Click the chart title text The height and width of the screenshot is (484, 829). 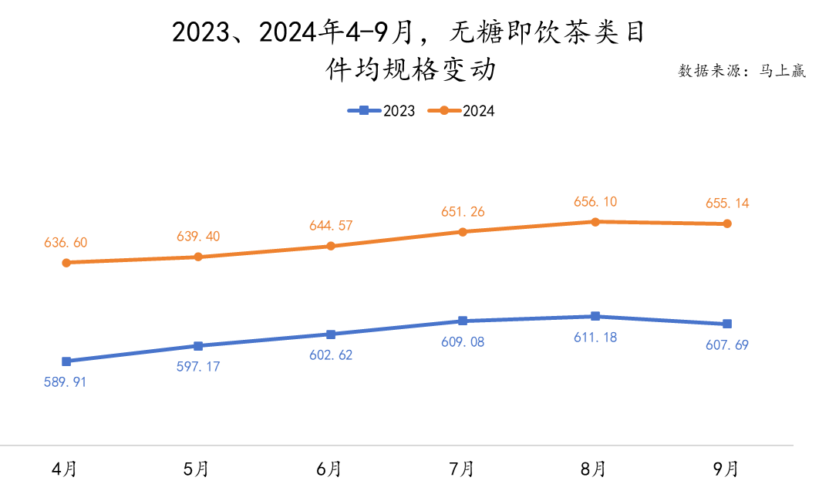click(x=409, y=51)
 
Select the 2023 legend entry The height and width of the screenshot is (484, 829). click(x=382, y=111)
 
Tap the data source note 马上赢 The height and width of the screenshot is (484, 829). click(x=742, y=72)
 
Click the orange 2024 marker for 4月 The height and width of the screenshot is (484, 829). click(x=66, y=263)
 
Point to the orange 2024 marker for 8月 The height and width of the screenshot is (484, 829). click(x=595, y=222)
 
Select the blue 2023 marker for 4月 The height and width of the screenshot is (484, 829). click(x=66, y=361)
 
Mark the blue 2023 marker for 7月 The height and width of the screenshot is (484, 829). click(x=463, y=321)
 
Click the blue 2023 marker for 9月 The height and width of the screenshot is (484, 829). click(x=727, y=324)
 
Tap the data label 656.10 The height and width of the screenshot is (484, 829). click(x=595, y=202)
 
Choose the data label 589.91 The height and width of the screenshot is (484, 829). click(x=65, y=381)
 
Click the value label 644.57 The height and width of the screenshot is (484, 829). click(x=331, y=226)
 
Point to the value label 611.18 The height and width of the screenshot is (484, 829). click(x=595, y=337)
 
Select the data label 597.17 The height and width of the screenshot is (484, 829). click(x=198, y=366)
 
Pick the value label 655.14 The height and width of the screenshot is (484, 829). click(x=727, y=203)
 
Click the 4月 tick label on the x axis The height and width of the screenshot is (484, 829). click(x=65, y=468)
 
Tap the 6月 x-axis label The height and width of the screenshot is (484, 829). click(x=330, y=468)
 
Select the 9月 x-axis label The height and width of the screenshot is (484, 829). click(x=726, y=468)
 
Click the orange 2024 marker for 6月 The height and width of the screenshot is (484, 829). click(x=331, y=247)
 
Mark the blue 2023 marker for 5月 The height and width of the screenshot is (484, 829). click(x=198, y=346)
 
